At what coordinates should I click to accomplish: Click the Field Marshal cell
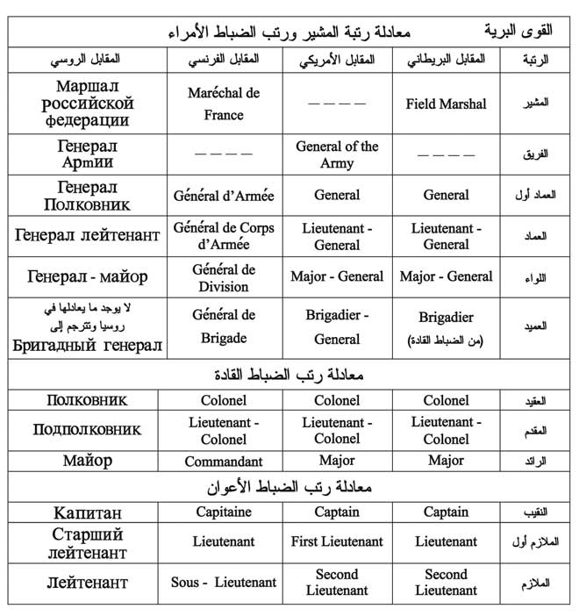click(446, 104)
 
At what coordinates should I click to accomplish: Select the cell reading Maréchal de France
click(224, 104)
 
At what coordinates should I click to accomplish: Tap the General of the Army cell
click(337, 154)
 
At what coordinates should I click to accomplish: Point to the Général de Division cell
click(224, 277)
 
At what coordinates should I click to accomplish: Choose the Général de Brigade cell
click(224, 326)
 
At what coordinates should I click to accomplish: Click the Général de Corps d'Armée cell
click(224, 235)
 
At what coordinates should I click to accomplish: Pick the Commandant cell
click(224, 461)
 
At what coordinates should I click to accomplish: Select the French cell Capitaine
click(224, 512)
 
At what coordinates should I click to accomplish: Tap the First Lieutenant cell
click(337, 541)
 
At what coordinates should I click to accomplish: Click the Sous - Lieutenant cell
click(224, 583)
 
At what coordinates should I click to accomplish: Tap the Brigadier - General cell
click(337, 326)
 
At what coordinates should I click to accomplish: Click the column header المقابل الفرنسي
click(225, 59)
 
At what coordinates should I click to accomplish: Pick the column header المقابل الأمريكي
click(338, 59)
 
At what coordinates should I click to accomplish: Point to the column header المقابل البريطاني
click(446, 59)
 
